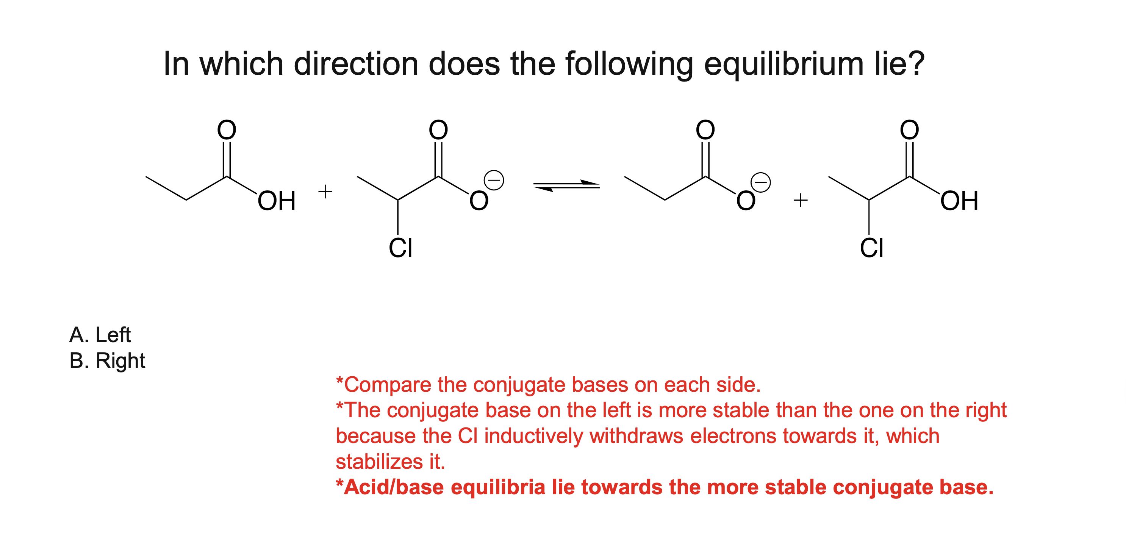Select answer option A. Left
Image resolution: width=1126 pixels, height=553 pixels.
click(x=100, y=335)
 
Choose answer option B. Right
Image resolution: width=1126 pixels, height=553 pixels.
click(x=107, y=361)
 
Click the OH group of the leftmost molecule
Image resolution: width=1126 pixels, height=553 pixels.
click(x=276, y=201)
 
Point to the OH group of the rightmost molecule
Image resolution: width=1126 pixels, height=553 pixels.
click(x=959, y=201)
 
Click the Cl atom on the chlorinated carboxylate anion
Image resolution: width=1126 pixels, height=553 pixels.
click(x=400, y=248)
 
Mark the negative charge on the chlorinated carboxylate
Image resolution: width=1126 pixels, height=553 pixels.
click(x=494, y=180)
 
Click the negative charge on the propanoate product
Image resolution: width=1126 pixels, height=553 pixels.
click(x=760, y=182)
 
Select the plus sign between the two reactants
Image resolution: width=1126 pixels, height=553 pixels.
click(x=325, y=191)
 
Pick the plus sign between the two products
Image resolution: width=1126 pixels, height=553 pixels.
click(x=800, y=200)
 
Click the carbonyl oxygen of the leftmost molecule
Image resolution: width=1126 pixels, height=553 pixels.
click(x=227, y=130)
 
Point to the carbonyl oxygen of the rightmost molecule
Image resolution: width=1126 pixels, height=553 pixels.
click(x=910, y=130)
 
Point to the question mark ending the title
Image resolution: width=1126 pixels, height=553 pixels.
click(x=916, y=64)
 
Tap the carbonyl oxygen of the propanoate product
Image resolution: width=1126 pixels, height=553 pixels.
click(x=705, y=130)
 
